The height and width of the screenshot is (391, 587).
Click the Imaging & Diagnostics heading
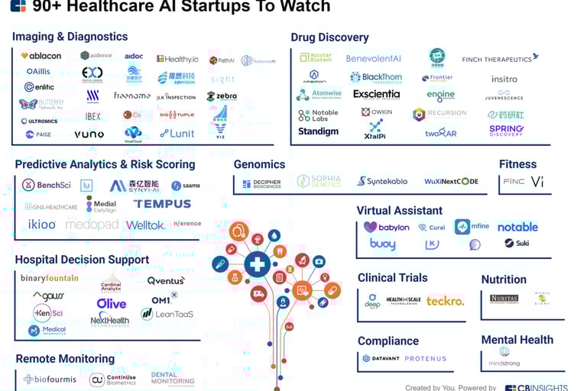70,37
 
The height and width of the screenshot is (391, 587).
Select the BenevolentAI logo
373,59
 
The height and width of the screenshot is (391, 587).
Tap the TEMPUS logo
162,204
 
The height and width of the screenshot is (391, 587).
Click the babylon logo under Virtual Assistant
386,227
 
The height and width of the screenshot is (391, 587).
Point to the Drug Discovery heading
329,37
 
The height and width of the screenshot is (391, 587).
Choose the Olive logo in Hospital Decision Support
112,303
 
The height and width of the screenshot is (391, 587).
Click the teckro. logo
445,301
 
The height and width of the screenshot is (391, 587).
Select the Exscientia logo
376,95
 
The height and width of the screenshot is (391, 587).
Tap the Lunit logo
177,134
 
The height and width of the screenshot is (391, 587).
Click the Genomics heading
259,164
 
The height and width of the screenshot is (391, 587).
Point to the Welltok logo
146,225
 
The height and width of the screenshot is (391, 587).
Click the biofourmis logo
50,379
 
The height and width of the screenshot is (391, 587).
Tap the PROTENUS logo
426,358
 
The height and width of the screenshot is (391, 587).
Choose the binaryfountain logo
49,278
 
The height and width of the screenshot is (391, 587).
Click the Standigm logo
317,131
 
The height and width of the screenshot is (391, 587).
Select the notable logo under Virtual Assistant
517,227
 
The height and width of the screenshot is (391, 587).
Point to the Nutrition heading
504,280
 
